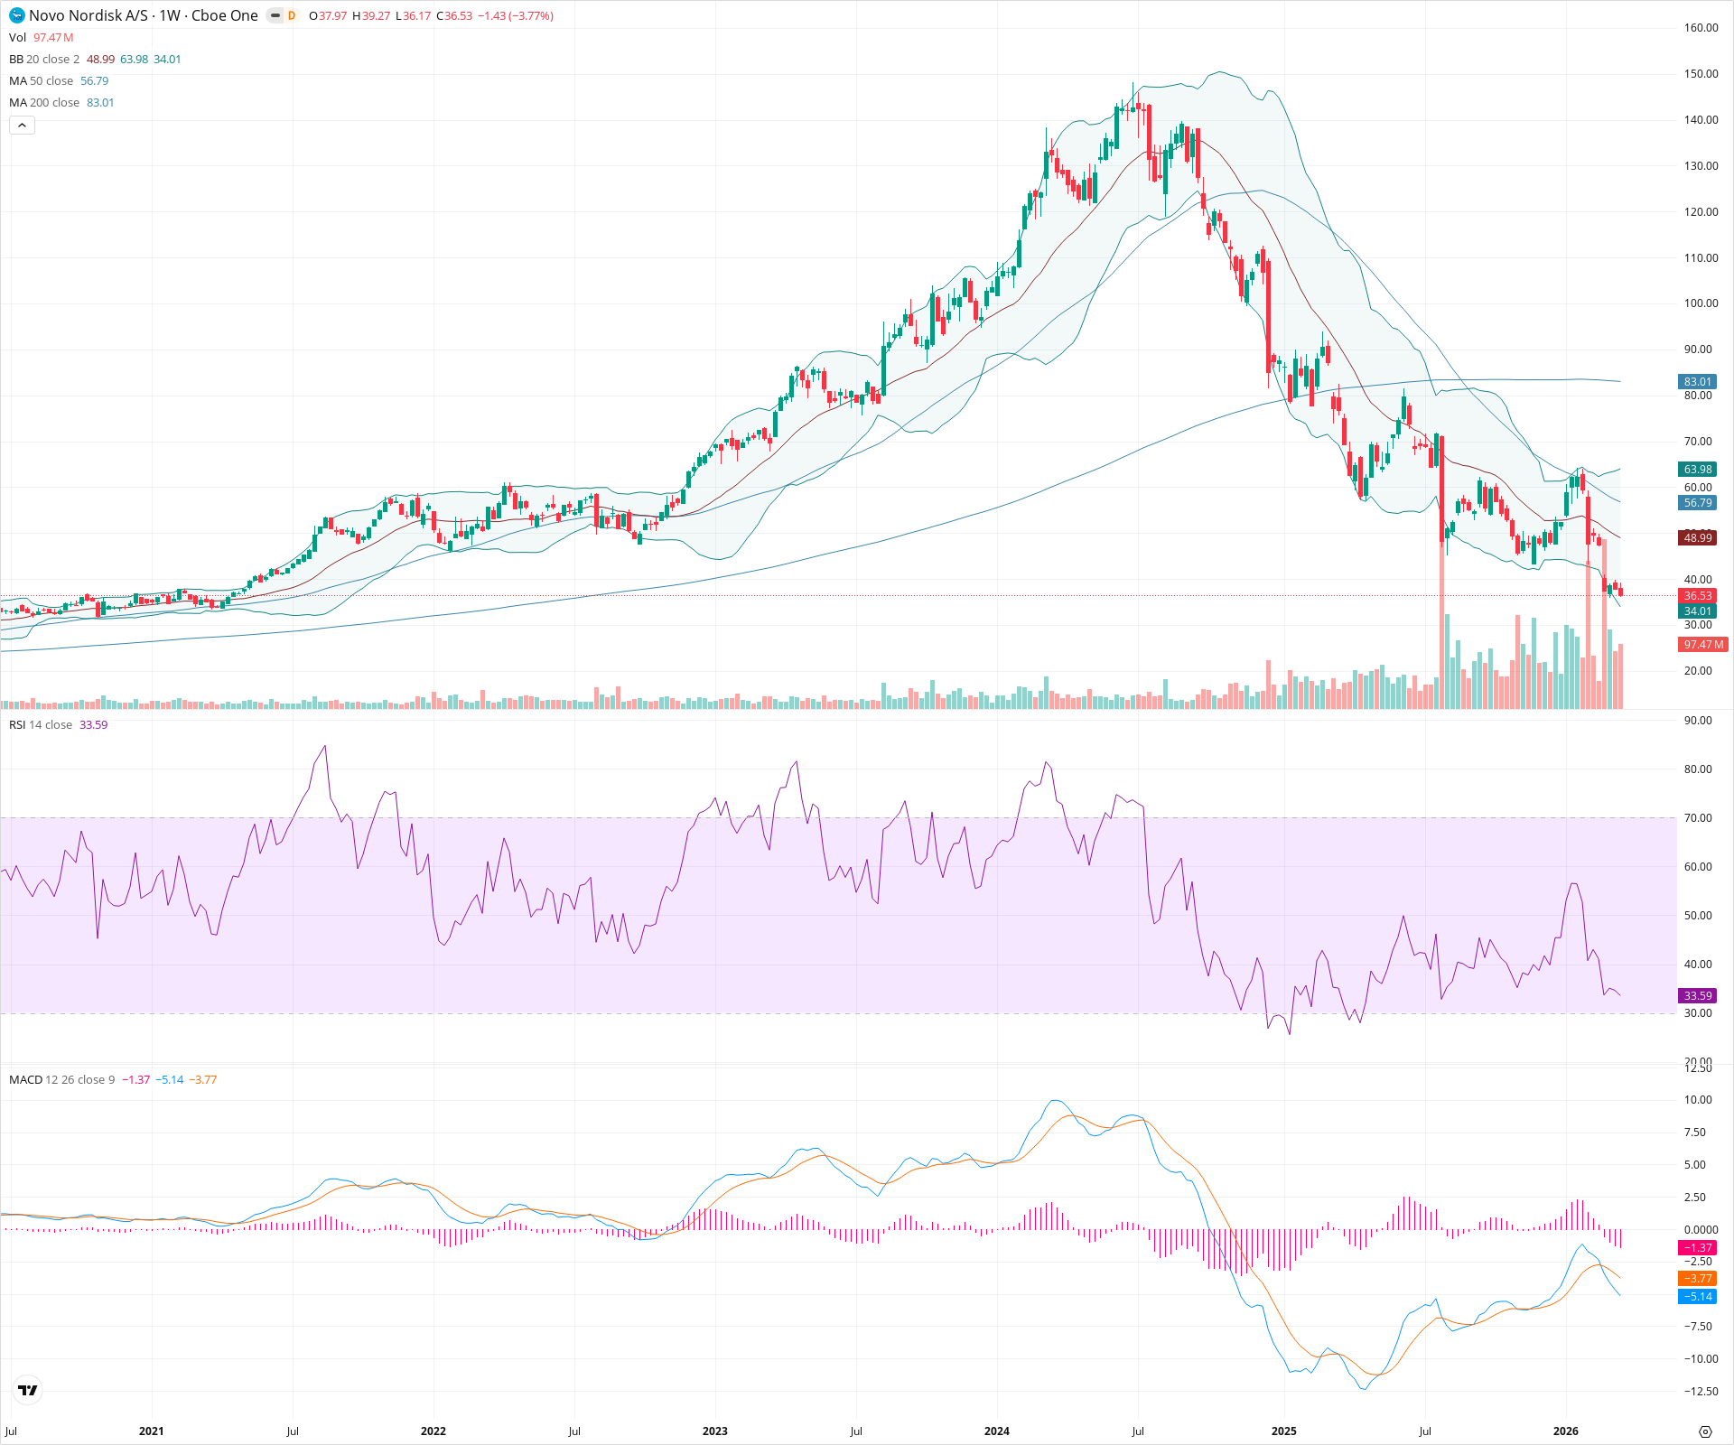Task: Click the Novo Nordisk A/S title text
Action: click(x=88, y=15)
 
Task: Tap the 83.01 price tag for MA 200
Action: click(x=1697, y=382)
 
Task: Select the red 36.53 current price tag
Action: click(x=1697, y=596)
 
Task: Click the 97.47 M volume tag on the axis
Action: click(x=1702, y=645)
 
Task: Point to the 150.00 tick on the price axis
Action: click(x=1701, y=74)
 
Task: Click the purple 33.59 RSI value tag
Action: click(x=1697, y=996)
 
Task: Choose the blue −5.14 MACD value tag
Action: click(x=1697, y=1297)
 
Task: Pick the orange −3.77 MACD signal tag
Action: click(x=1697, y=1279)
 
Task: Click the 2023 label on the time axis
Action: click(x=714, y=1431)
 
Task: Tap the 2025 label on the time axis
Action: click(x=1283, y=1431)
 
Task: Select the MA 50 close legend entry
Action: click(x=41, y=81)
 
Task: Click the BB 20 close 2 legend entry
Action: click(x=44, y=60)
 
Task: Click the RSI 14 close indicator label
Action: click(x=41, y=725)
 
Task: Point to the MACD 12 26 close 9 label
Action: click(x=61, y=1080)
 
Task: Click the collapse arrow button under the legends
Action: click(x=22, y=126)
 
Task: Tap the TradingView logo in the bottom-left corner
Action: click(x=28, y=1390)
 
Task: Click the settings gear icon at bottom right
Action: click(x=1705, y=1431)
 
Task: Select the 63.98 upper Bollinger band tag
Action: click(x=1697, y=470)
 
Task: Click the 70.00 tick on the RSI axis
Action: click(x=1698, y=818)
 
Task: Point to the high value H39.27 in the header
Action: click(x=371, y=16)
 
